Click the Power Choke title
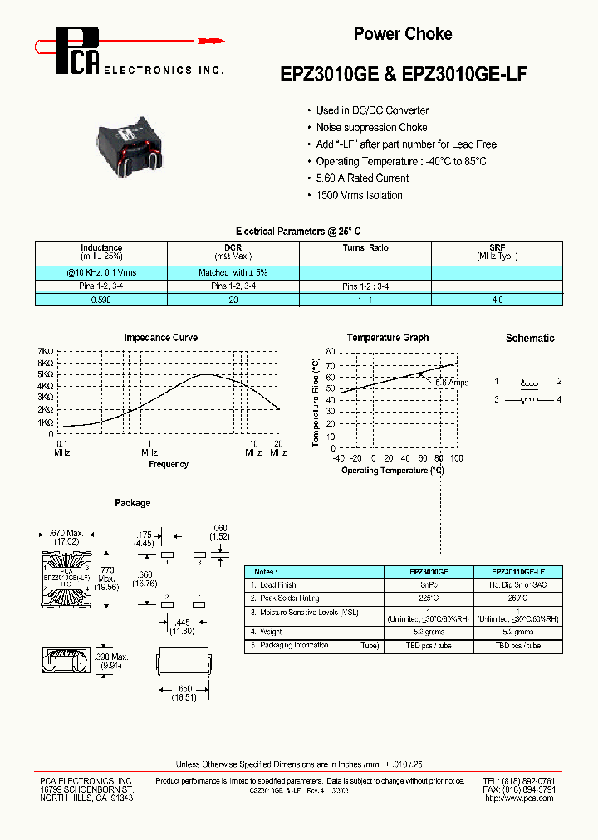pyautogui.click(x=403, y=34)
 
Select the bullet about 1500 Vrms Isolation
pyautogui.click(x=359, y=195)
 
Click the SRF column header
pyautogui.click(x=498, y=247)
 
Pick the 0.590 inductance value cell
pyautogui.click(x=101, y=299)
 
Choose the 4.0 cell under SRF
pyautogui.click(x=498, y=299)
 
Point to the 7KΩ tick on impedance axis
pyautogui.click(x=46, y=352)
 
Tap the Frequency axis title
pyautogui.click(x=169, y=464)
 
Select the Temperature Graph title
pyautogui.click(x=388, y=338)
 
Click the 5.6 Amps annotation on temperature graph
pyautogui.click(x=453, y=383)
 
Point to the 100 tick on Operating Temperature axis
pyautogui.click(x=456, y=458)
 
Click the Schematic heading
pyautogui.click(x=530, y=338)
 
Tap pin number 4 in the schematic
pyautogui.click(x=560, y=399)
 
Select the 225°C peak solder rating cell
pyautogui.click(x=429, y=598)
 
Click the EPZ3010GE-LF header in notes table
pyautogui.click(x=517, y=571)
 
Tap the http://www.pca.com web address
pyautogui.click(x=519, y=798)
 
